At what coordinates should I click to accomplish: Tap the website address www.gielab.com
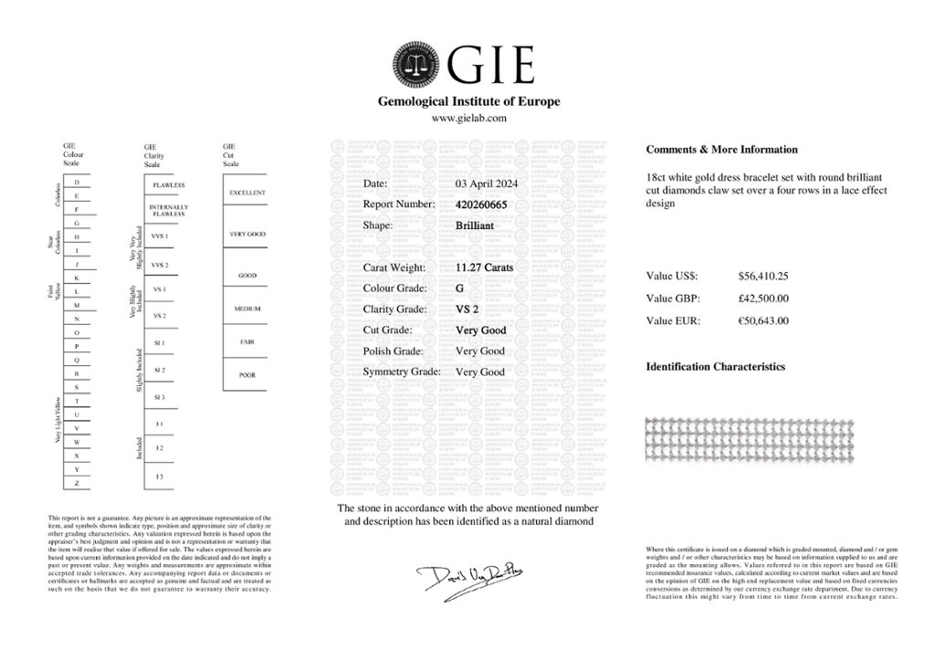468,119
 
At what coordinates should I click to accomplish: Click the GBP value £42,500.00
763,298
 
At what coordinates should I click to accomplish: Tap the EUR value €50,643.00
763,320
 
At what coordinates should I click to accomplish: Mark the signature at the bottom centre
467,577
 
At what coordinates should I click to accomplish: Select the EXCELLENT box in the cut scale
247,194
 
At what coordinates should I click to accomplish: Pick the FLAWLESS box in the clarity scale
169,184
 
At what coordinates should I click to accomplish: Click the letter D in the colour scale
77,183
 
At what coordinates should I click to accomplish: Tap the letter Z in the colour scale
77,482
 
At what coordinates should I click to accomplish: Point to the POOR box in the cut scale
247,374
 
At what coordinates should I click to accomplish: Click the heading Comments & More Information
721,150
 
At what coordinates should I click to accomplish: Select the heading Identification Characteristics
715,367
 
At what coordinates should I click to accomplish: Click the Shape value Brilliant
475,225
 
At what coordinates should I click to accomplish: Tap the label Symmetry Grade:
402,372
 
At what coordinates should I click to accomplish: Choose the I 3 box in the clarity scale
160,477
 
